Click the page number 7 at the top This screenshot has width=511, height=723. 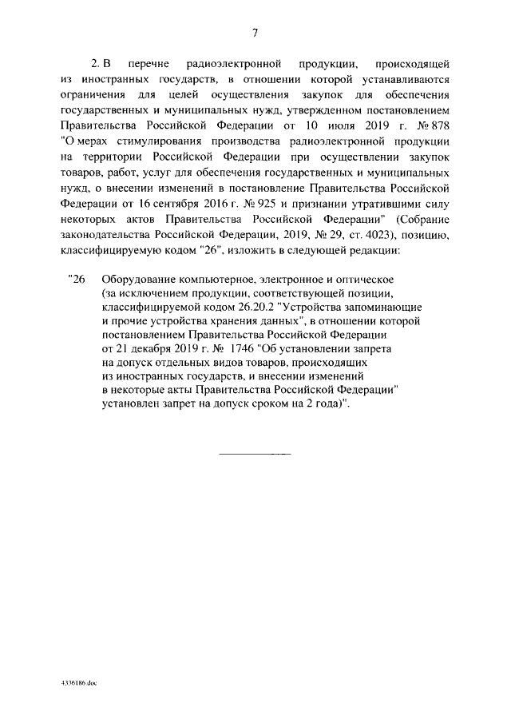255,32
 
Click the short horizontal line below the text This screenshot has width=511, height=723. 255,454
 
